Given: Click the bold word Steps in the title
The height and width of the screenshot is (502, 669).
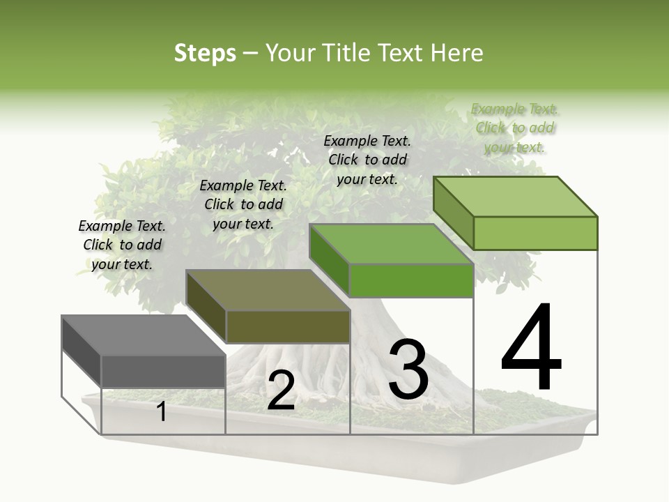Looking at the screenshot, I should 205,53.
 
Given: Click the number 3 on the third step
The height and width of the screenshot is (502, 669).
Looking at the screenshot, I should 408,370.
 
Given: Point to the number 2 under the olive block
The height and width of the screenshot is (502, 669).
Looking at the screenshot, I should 281,390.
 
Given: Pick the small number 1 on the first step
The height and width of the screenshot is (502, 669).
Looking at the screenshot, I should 161,412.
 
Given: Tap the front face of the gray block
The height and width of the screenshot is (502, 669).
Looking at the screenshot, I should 163,371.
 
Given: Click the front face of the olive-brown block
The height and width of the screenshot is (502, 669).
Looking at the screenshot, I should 288,326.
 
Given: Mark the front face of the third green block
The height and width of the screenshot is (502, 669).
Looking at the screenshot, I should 411,280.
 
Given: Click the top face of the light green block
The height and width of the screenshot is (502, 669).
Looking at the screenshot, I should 516,196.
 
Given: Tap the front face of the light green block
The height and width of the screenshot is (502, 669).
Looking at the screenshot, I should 535,233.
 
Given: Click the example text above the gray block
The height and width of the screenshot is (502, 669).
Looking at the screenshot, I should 122,245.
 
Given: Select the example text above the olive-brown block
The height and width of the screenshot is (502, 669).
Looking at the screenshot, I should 243,204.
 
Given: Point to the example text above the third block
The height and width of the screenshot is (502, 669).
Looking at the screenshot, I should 367,160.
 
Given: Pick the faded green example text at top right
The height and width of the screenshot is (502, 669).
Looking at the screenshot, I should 514,128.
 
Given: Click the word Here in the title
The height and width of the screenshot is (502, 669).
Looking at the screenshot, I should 459,53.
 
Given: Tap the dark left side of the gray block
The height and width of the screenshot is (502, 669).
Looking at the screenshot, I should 82,352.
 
